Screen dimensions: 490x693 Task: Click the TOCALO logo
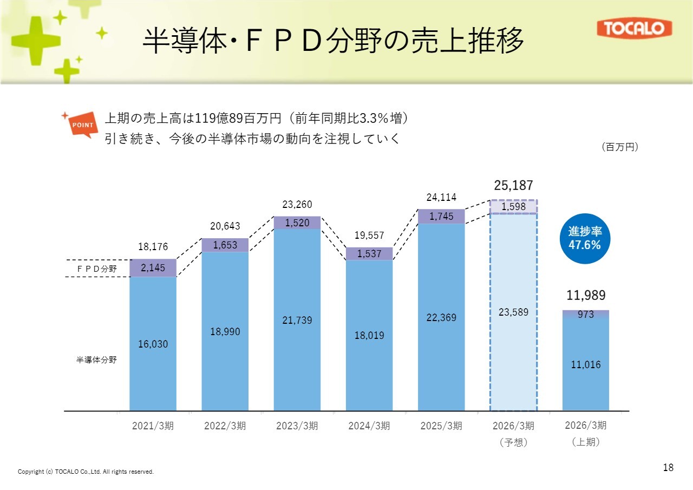pyautogui.click(x=634, y=29)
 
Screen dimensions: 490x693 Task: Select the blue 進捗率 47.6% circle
pyautogui.click(x=584, y=238)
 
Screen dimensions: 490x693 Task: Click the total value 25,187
pyautogui.click(x=513, y=186)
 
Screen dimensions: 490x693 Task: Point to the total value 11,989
pyautogui.click(x=586, y=295)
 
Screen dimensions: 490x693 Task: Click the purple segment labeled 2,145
pyautogui.click(x=153, y=267)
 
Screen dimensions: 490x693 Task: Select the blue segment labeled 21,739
pyautogui.click(x=297, y=320)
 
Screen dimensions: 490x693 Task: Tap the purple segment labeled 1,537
pyautogui.click(x=369, y=253)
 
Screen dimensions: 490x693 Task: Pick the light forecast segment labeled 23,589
pyautogui.click(x=513, y=312)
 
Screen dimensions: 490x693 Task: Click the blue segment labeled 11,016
pyautogui.click(x=586, y=364)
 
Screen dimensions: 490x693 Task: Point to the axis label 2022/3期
pyautogui.click(x=225, y=426)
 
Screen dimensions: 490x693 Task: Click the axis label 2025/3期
pyautogui.click(x=441, y=426)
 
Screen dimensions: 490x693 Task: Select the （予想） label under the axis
pyautogui.click(x=513, y=442)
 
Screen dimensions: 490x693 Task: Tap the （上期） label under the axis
pyautogui.click(x=586, y=442)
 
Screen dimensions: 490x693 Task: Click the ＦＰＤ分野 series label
pyautogui.click(x=96, y=268)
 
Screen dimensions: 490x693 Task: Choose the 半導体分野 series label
pyautogui.click(x=96, y=360)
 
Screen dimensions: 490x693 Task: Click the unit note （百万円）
pyautogui.click(x=620, y=147)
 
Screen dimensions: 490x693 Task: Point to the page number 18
pyautogui.click(x=668, y=467)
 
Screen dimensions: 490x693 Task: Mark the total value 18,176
pyautogui.click(x=153, y=247)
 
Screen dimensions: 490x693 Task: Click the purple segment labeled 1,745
pyautogui.click(x=441, y=217)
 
